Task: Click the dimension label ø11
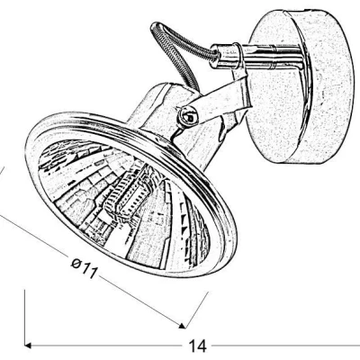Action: tap(85, 268)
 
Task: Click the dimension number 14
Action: tap(198, 346)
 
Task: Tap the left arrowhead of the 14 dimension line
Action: tap(28, 346)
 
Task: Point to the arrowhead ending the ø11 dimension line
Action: tap(182, 326)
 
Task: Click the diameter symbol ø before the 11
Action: tap(76, 264)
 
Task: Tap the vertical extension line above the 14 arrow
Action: tap(24, 316)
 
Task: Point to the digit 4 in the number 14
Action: tap(202, 346)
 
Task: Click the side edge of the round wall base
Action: tap(333, 87)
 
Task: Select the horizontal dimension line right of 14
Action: tap(286, 346)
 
